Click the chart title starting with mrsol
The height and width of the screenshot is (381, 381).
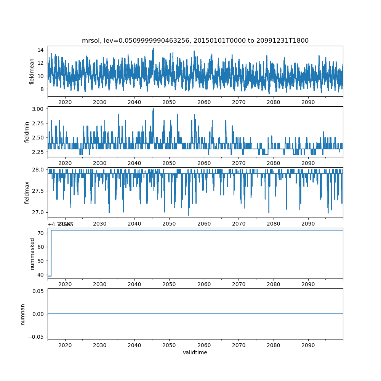[x=195, y=40]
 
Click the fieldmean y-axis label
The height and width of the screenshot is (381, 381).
[x=32, y=71]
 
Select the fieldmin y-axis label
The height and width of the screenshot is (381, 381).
[x=27, y=132]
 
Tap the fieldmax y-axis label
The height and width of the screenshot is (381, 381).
[x=27, y=192]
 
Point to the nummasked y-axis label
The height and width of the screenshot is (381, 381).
[x=32, y=253]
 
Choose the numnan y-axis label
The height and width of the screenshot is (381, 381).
[x=23, y=314]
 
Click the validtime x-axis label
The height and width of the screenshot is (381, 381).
[x=195, y=353]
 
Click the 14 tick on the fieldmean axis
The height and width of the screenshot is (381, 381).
[x=40, y=50]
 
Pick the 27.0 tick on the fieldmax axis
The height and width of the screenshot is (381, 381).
[x=38, y=212]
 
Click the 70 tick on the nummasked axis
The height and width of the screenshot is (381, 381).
[x=40, y=233]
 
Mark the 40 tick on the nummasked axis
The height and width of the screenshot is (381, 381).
[x=40, y=274]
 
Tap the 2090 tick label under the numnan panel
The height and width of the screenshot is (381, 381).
[x=308, y=345]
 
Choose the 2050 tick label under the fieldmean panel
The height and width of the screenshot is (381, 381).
[x=169, y=102]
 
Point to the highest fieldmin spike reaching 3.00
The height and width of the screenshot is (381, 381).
[x=153, y=109]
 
